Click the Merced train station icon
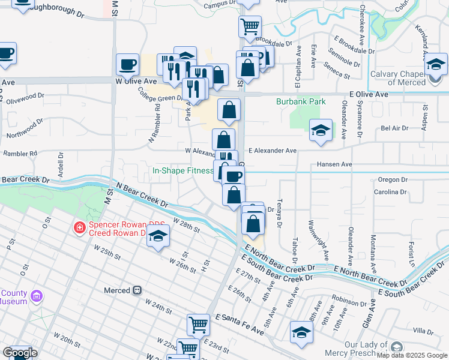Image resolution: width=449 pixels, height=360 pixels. point(137,290)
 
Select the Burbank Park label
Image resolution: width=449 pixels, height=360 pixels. point(301,102)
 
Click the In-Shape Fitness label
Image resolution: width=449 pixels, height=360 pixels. point(183,170)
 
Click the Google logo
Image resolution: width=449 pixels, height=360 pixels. point(19,353)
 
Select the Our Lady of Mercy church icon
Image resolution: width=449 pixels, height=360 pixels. point(396,347)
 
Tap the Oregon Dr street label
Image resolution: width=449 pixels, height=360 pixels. point(393,179)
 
